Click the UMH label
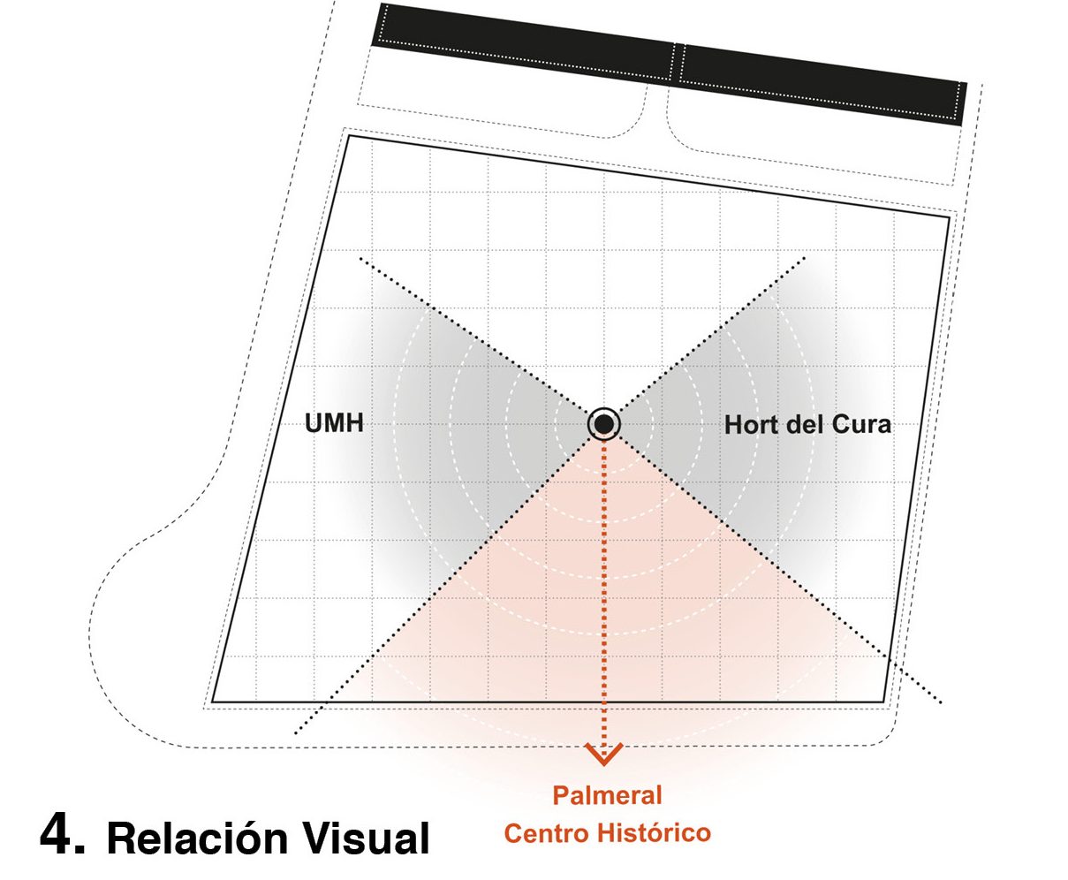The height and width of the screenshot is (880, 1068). point(334,424)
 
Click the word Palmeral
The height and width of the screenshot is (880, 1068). point(607,795)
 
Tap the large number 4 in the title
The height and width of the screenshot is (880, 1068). point(61,836)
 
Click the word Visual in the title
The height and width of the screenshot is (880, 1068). point(373,838)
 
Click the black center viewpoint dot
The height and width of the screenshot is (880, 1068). point(604,425)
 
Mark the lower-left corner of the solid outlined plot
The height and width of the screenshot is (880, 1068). point(212,702)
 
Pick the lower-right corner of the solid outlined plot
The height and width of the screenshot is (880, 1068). point(886,702)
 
